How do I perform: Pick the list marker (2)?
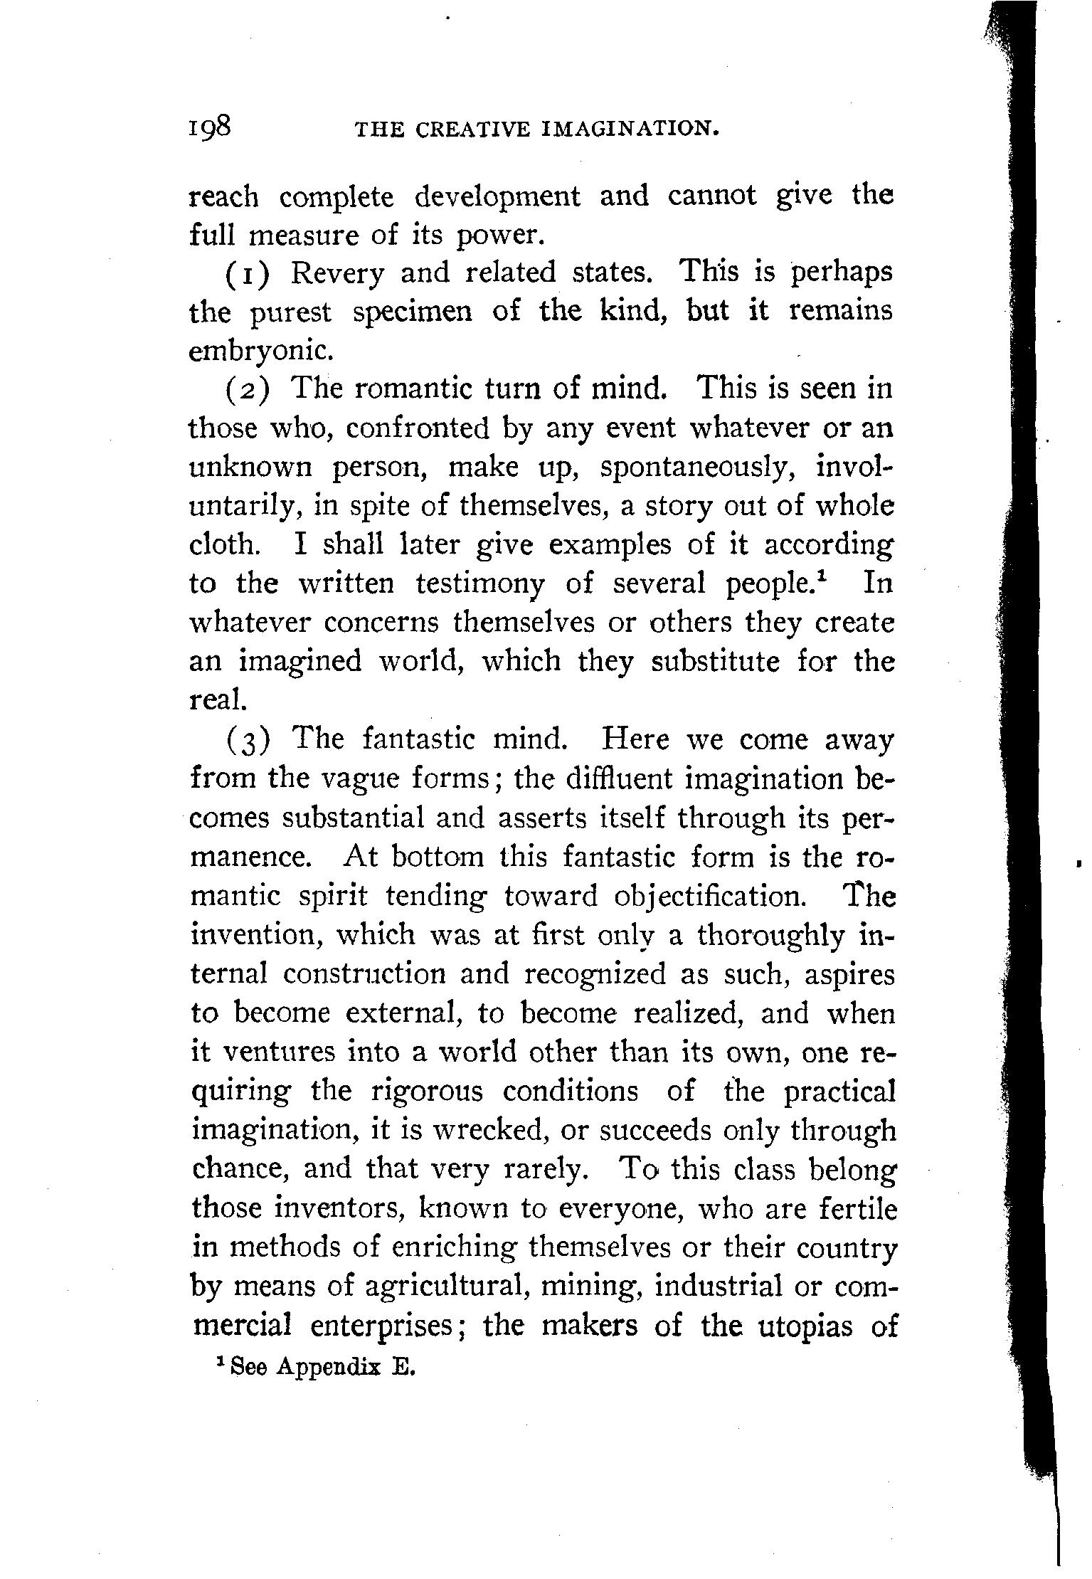point(248,390)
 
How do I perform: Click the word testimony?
point(480,584)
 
